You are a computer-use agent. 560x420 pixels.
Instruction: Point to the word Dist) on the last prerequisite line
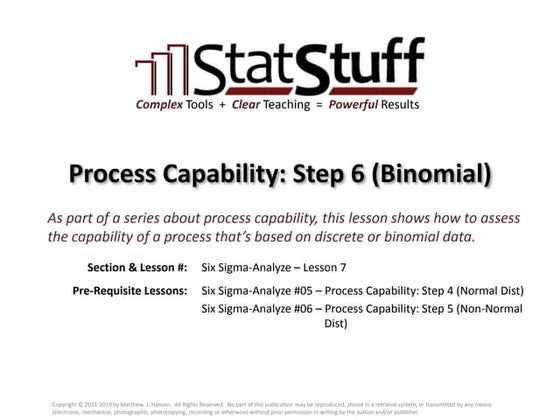pyautogui.click(x=336, y=325)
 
